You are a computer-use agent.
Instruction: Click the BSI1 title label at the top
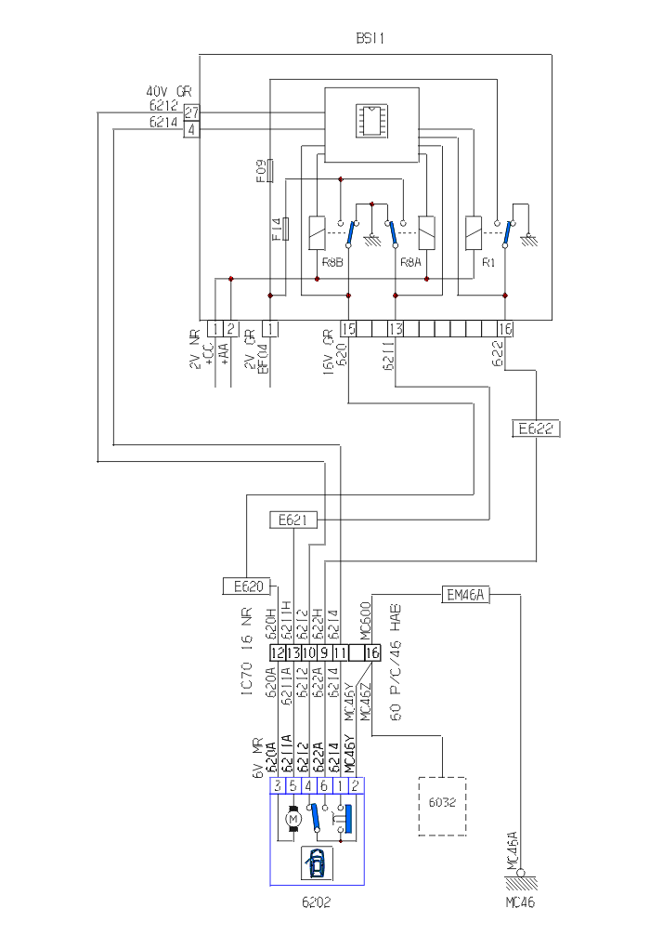(x=370, y=38)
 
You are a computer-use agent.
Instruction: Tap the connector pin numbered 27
(x=191, y=112)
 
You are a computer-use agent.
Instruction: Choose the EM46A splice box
(x=467, y=595)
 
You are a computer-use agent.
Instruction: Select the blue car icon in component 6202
(x=317, y=863)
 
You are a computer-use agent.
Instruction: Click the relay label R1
(x=489, y=263)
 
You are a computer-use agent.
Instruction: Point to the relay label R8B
(x=333, y=263)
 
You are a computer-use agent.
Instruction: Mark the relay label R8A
(x=411, y=263)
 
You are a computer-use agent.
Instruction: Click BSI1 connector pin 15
(x=348, y=328)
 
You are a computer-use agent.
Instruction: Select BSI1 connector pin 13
(x=396, y=328)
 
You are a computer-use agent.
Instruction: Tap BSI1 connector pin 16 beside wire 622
(x=505, y=328)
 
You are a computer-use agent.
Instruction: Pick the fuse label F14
(x=277, y=230)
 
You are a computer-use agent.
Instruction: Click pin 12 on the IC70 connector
(x=278, y=653)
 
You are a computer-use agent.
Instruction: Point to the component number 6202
(x=317, y=902)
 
